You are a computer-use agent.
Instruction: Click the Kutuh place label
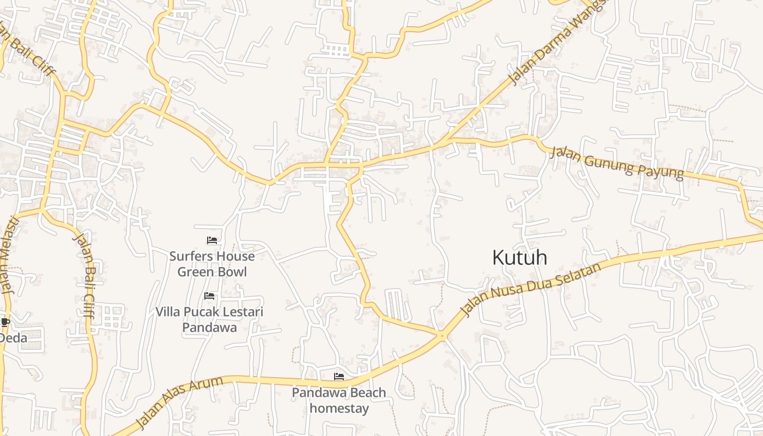tap(519, 257)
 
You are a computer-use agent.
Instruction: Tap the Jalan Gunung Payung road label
tap(616, 163)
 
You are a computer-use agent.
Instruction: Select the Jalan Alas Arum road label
tap(179, 402)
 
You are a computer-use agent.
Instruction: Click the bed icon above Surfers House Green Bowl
tap(212, 240)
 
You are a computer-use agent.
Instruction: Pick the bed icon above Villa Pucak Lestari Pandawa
tap(209, 296)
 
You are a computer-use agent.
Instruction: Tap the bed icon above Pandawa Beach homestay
tap(339, 377)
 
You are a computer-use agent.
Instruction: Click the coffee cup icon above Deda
tap(4, 322)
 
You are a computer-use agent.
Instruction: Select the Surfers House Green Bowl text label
tap(212, 264)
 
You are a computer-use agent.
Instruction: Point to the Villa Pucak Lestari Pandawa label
tap(209, 319)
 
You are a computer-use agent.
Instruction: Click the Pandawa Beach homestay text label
tap(339, 400)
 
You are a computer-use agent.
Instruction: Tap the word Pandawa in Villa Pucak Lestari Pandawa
tap(209, 328)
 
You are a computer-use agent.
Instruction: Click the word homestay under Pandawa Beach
tap(339, 408)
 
